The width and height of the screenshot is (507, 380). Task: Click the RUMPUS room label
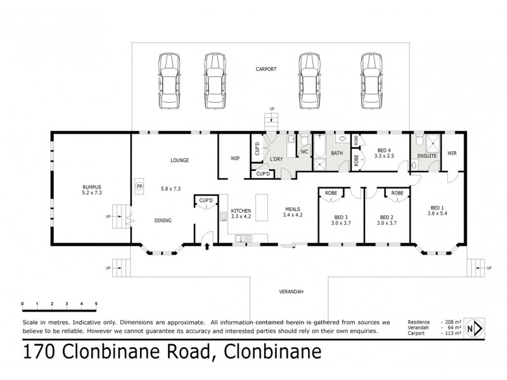pos(92,187)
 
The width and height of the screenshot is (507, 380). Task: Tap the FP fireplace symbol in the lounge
pos(139,187)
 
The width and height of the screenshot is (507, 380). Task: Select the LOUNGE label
pos(180,160)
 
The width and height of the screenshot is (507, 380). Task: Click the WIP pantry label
pos(234,158)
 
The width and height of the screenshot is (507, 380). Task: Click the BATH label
pos(337,153)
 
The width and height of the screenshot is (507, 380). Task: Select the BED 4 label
pos(384,149)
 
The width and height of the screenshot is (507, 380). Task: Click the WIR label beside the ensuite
pos(452,153)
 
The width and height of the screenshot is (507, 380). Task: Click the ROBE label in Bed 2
pos(397,193)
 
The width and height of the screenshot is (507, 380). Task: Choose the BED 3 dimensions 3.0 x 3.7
pos(340,222)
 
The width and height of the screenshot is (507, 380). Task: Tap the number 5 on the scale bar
pos(96,304)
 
